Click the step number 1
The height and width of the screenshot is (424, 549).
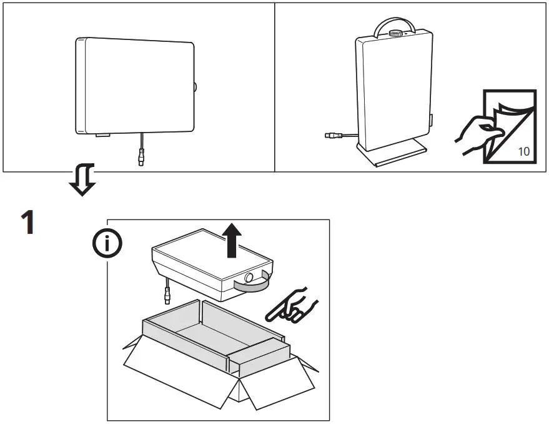[27, 223]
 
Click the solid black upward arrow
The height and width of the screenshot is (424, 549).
[232, 241]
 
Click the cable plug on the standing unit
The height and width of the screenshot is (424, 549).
[331, 134]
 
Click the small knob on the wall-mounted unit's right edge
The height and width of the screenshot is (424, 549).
[195, 88]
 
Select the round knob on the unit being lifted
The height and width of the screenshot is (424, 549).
[249, 276]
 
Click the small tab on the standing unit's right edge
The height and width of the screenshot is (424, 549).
[430, 119]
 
